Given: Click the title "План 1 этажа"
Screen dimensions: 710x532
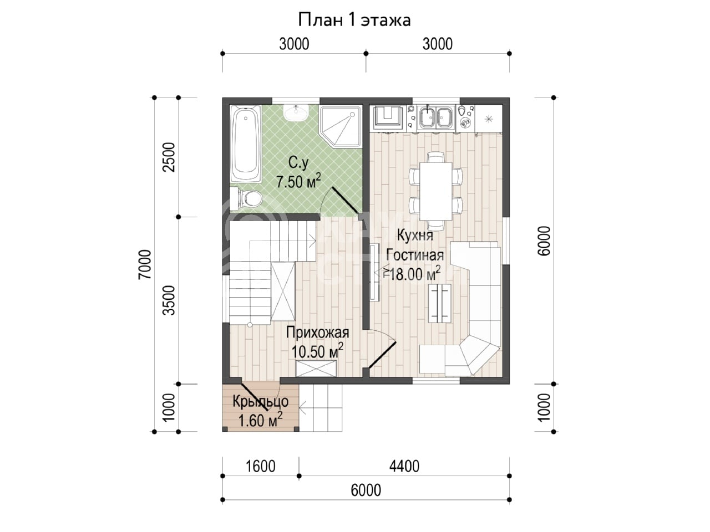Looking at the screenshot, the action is [354, 20].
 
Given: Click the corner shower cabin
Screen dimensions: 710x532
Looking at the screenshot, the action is [341, 126].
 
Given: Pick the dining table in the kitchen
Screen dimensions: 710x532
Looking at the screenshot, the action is [435, 191].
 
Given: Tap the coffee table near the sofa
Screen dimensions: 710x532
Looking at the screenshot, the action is [439, 303].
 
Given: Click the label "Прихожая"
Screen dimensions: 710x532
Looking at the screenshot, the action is [318, 332].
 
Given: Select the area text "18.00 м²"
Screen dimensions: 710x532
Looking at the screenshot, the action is [415, 274].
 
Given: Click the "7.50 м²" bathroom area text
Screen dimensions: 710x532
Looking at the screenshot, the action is [299, 181].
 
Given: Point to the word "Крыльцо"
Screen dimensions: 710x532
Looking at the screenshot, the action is [261, 402].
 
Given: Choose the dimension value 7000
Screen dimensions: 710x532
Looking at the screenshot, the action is [145, 264].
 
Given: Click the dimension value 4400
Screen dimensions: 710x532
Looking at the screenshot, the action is [404, 467].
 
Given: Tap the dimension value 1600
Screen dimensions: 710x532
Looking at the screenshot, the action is [261, 467].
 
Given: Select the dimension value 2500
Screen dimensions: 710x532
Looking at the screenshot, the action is [169, 157].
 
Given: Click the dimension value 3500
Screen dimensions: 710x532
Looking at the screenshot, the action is [169, 300].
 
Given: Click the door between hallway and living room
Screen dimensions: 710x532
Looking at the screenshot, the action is [383, 355].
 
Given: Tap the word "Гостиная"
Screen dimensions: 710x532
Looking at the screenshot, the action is [415, 255].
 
